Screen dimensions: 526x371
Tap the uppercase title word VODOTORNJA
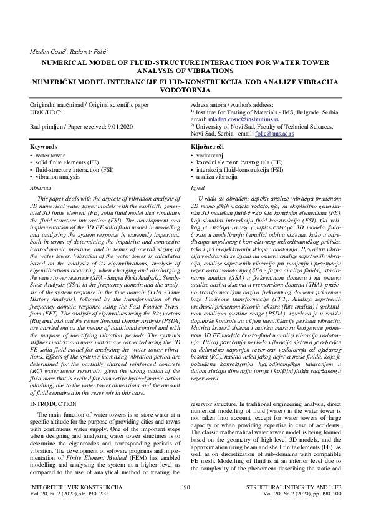pyautogui.click(x=185, y=90)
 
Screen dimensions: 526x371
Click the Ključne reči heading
pyautogui.click(x=208, y=146)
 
